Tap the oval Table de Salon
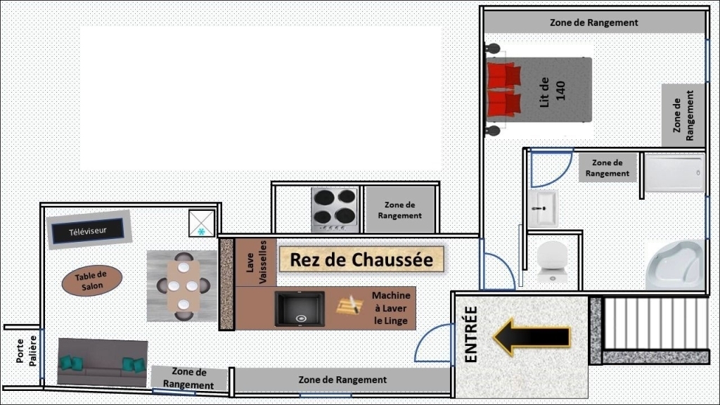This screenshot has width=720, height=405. pos(92,281)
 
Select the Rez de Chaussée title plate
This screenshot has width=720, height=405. pos(361,259)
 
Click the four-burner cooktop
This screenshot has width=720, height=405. pos(335,210)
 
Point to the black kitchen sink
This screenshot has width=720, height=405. pos(300,309)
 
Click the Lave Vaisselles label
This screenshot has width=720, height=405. pos(256,262)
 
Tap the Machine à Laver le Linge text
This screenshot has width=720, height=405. pos(391,308)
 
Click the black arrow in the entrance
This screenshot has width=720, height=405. pos(532,337)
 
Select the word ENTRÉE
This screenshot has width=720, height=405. pos(471,334)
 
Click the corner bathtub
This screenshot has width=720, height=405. pos(675,264)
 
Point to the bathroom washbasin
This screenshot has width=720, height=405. pos(543,209)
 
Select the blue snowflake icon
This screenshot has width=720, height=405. pos(201,232)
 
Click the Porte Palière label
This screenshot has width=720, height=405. pos(26,352)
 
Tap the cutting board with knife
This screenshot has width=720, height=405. pos(350,305)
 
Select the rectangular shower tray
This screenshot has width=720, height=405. pos(674,173)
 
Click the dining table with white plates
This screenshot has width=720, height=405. pos(184,285)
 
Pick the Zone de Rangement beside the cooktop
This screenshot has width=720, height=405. pos(399,210)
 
